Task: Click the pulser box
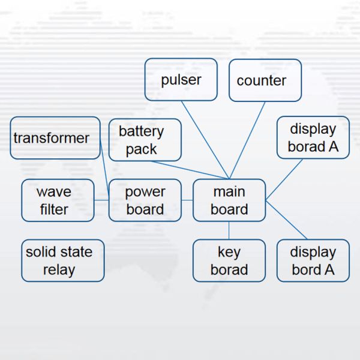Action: pyautogui.click(x=181, y=79)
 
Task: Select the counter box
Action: pyautogui.click(x=265, y=80)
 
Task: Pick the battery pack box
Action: pyautogui.click(x=145, y=140)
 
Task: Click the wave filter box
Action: pyautogui.click(x=58, y=200)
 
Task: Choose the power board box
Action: pyautogui.click(x=145, y=200)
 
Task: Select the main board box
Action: pyautogui.click(x=229, y=200)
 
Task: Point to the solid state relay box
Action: pyautogui.click(x=62, y=260)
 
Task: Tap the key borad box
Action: pyautogui.click(x=229, y=260)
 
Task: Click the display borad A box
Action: pyautogui.click(x=313, y=137)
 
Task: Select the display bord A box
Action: pyautogui.click(x=313, y=260)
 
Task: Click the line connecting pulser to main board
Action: pyautogui.click(x=205, y=139)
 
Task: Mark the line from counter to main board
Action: pyautogui.click(x=247, y=140)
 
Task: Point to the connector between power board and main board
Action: pyautogui.click(x=187, y=200)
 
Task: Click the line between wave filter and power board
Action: pyautogui.click(x=101, y=200)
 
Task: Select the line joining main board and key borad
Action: pyautogui.click(x=229, y=230)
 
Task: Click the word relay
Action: pyautogui.click(x=59, y=269)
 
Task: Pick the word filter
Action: pyautogui.click(x=54, y=209)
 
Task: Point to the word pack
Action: pyautogui.click(x=142, y=149)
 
